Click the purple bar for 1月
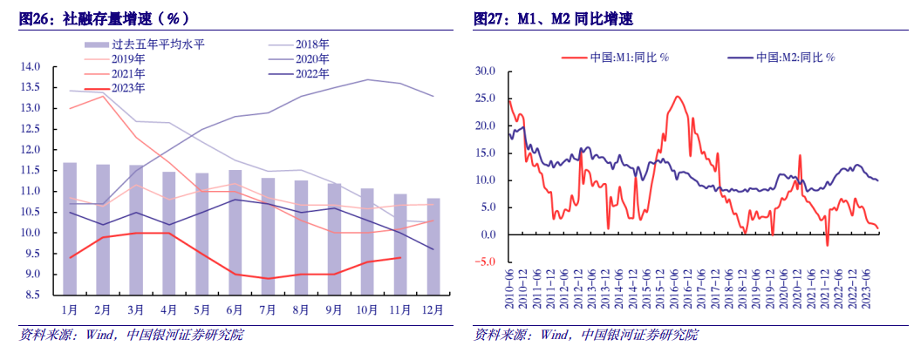tap(70, 228)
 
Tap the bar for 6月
tap(235, 232)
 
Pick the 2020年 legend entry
tap(316, 58)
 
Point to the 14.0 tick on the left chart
tap(31, 66)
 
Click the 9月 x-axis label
tap(333, 308)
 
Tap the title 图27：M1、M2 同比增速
tap(571, 18)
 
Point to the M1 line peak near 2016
tap(678, 97)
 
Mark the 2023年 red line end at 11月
tap(400, 257)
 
